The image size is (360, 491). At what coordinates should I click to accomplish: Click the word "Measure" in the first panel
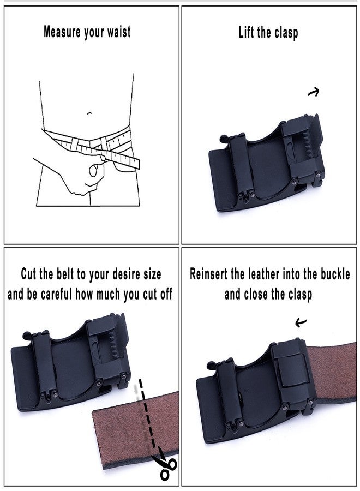pos(62,32)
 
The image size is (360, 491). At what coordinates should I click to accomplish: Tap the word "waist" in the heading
pos(119,32)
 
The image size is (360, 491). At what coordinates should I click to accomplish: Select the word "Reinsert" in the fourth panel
pos(209,274)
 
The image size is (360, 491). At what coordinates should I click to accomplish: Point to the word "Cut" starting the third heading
pos(28,274)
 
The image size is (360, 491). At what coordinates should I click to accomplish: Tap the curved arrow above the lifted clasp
pos(314,92)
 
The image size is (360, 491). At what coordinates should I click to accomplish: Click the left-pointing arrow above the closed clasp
pos(301,322)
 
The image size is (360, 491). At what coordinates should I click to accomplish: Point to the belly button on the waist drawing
pos(89,113)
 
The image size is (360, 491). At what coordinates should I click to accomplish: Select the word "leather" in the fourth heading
pos(265,274)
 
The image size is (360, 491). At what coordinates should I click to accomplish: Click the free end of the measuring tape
pos(136,164)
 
